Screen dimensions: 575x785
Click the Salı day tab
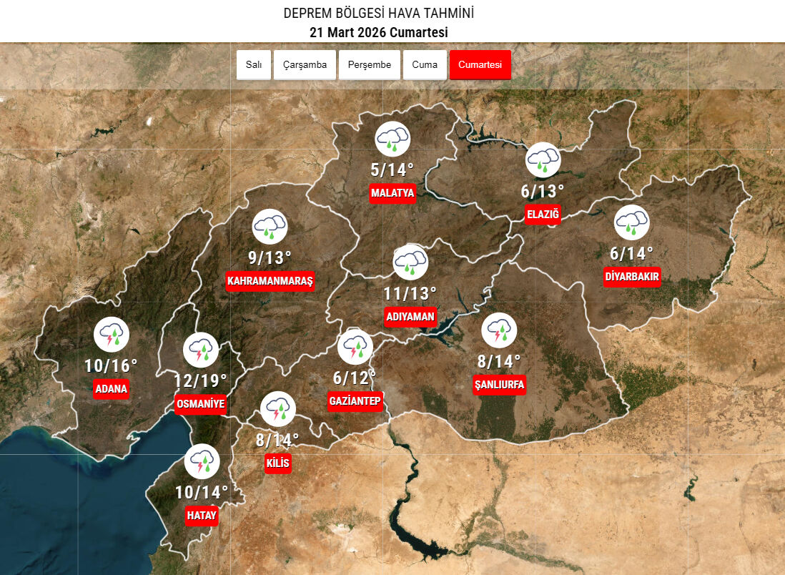254,65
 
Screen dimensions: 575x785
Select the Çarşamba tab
305,65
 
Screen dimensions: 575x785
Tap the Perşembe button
370,65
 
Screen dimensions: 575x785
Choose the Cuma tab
425,65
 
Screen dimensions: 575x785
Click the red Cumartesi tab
480,65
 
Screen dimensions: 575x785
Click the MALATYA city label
393,193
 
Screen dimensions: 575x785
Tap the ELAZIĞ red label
543,214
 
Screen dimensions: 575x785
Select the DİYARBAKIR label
632,277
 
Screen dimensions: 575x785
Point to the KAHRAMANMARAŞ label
270,281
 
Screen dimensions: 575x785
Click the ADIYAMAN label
410,316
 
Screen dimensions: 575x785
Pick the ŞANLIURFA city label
500,385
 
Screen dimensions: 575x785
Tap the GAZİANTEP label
355,401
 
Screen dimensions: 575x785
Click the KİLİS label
277,463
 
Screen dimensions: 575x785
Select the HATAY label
201,515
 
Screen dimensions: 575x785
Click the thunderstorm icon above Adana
112,334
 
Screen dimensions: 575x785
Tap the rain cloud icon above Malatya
393,139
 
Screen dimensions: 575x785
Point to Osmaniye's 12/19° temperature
200,380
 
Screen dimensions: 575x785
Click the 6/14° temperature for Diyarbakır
632,253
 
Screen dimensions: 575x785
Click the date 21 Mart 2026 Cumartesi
378,33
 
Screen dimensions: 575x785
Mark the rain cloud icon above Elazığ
543,160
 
